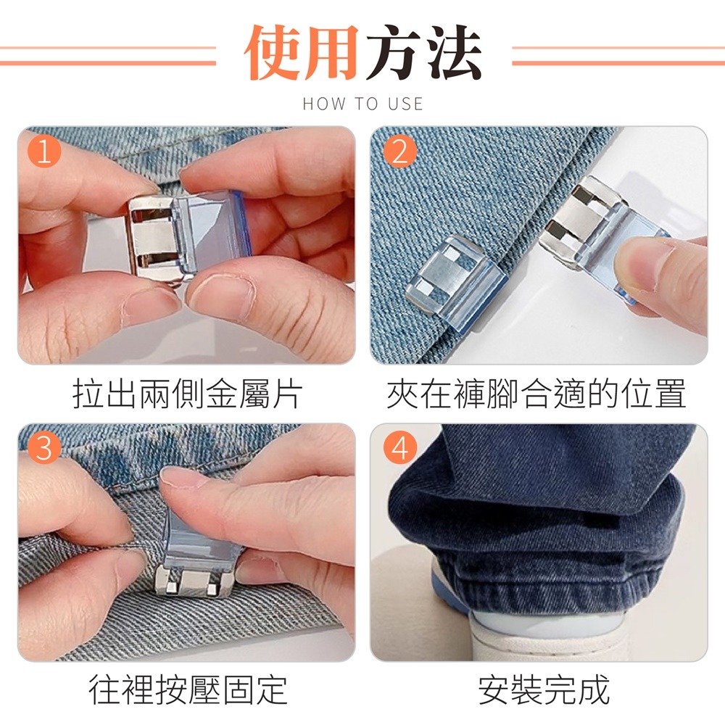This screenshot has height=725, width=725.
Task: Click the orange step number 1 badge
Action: pyautogui.click(x=44, y=152)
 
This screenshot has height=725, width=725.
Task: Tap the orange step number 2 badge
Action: pyautogui.click(x=400, y=152)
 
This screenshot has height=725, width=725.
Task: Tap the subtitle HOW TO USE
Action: pyautogui.click(x=363, y=104)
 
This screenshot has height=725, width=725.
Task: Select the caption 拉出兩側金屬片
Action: pyautogui.click(x=187, y=394)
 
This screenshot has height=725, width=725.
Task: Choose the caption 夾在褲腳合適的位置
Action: pyautogui.click(x=536, y=394)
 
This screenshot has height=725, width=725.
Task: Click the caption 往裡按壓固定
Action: pyautogui.click(x=188, y=690)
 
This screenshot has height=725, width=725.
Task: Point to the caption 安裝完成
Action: pyautogui.click(x=544, y=690)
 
